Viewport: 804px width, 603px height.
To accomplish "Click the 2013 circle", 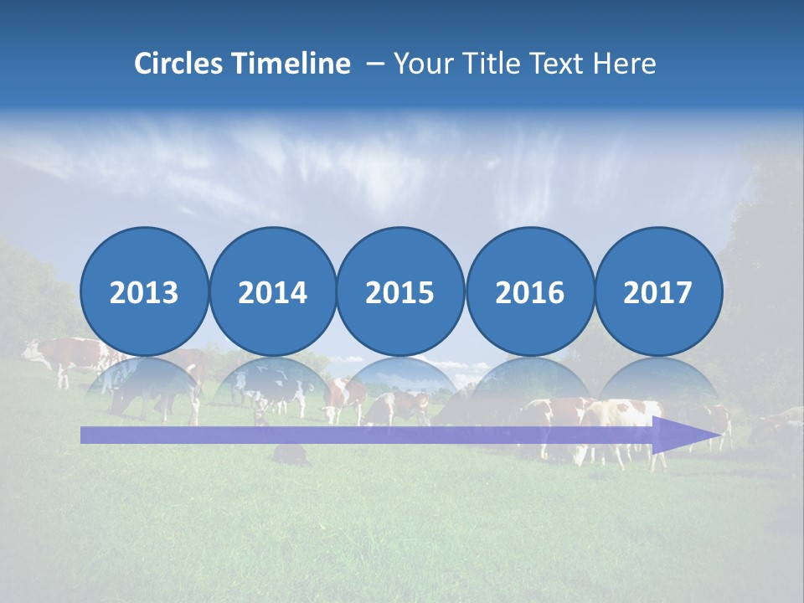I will [x=144, y=291].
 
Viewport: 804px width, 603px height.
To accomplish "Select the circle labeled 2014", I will [x=272, y=291].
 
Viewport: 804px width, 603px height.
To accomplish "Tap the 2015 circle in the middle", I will [x=400, y=291].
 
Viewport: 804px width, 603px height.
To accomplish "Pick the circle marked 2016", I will [x=529, y=291].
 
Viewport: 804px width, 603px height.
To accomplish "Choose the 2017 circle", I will [x=658, y=291].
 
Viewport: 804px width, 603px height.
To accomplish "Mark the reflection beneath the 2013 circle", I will [x=144, y=385].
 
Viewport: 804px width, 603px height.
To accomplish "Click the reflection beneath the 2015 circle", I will [x=400, y=385].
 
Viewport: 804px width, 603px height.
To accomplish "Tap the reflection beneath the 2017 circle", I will [x=658, y=385].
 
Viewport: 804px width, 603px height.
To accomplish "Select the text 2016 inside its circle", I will [x=529, y=292].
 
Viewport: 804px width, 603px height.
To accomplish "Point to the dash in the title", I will [x=375, y=64].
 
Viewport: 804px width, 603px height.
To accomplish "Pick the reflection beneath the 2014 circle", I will [x=272, y=385].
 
